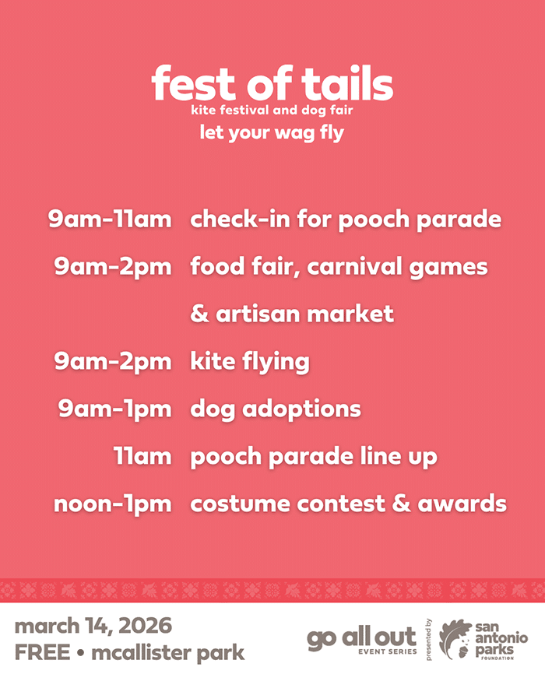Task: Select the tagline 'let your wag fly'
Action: point(272,132)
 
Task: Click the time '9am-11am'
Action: point(110,219)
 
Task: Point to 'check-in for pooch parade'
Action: point(346,219)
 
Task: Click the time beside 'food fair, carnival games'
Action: point(113,267)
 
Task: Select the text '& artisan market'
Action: point(292,314)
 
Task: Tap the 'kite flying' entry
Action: point(250,362)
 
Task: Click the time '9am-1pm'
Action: point(114,409)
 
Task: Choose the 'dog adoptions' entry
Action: point(276,409)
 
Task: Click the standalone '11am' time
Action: point(142,456)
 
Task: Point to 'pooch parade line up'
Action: point(314,456)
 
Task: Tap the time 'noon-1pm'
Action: point(113,504)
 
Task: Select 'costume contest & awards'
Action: point(348,504)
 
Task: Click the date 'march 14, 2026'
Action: point(93,626)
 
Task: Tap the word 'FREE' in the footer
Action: point(40,652)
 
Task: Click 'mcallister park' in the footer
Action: point(168,652)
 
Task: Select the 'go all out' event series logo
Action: point(362,639)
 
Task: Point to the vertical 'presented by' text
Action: point(429,640)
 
